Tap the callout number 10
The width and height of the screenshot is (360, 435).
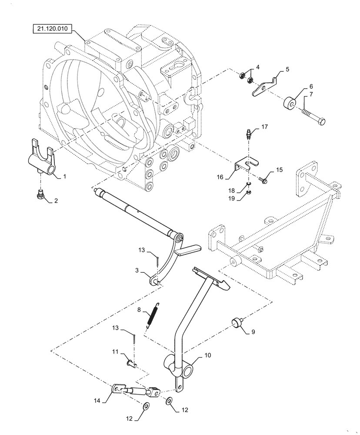(208, 355)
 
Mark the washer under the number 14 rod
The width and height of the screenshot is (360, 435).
(147, 406)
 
